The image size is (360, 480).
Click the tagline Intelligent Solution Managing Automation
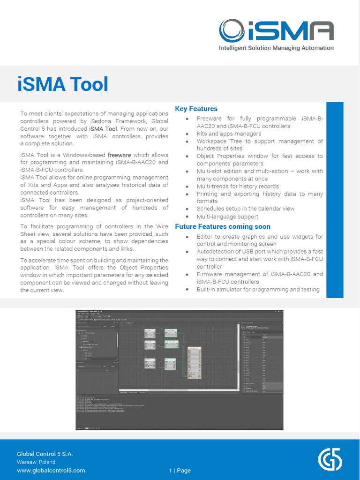point(277,48)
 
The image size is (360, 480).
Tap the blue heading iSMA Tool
point(63,84)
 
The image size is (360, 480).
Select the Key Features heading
point(196,109)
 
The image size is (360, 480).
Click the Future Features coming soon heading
point(223,226)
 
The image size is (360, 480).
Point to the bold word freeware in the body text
point(120,155)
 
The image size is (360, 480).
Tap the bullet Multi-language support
point(227,217)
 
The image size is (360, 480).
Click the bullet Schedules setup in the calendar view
point(245,209)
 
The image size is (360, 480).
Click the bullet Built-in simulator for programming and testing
point(258,289)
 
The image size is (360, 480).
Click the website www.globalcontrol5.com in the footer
point(51,470)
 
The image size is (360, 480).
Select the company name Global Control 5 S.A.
point(45,454)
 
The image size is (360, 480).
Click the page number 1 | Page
point(180,470)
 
